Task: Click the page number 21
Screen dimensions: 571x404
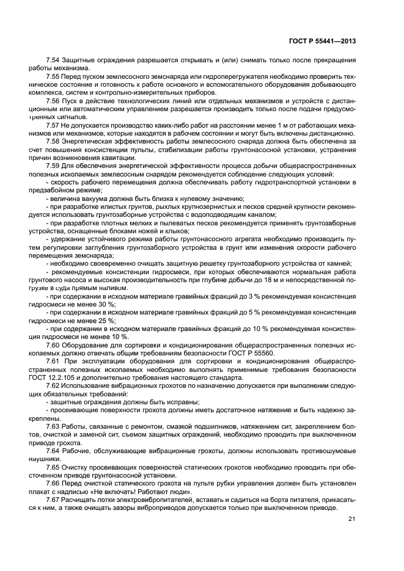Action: point(351,519)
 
